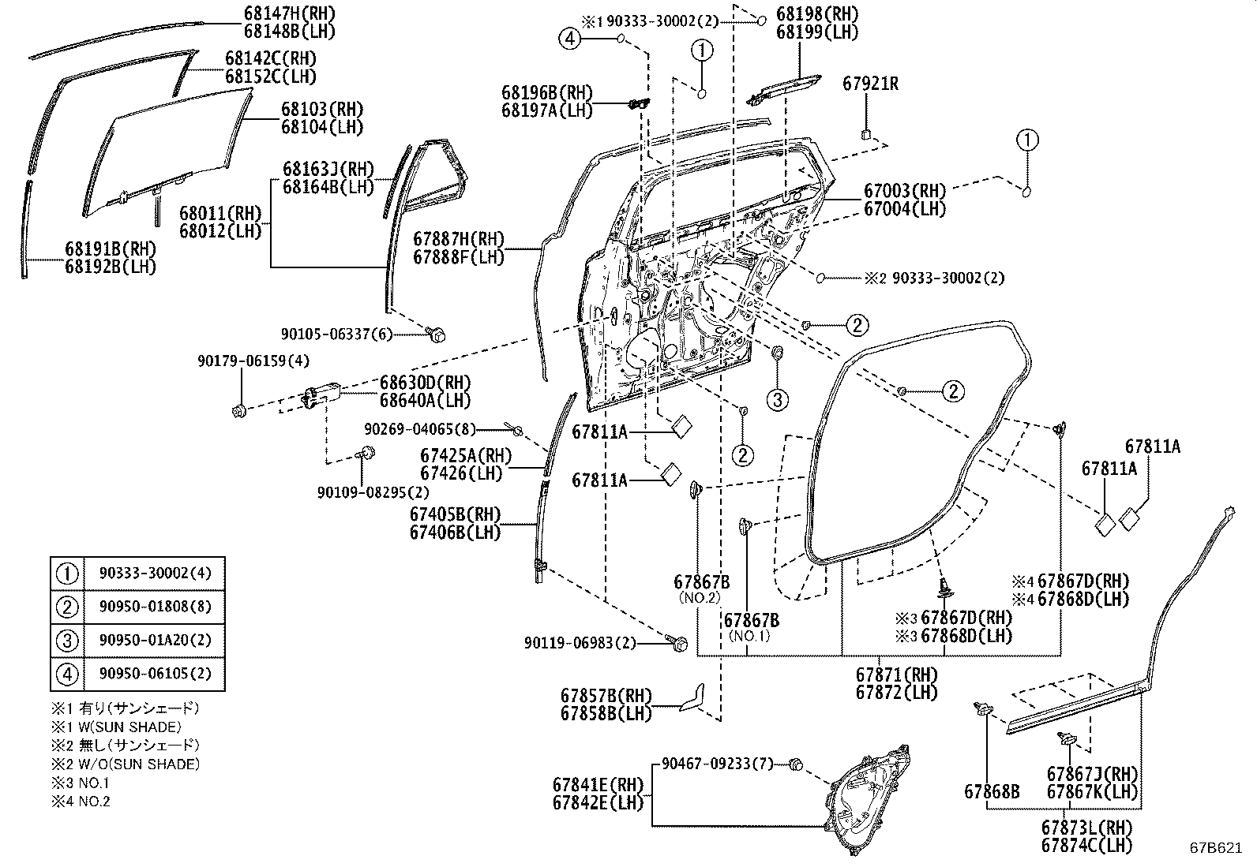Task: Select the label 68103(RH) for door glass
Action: click(x=322, y=109)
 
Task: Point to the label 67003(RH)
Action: click(x=904, y=191)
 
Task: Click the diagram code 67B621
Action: click(x=1221, y=850)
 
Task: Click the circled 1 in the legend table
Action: click(x=67, y=573)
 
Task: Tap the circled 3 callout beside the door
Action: click(x=777, y=399)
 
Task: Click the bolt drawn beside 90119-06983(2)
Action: click(x=677, y=644)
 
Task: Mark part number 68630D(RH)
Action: click(x=425, y=383)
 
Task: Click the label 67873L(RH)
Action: click(x=1086, y=828)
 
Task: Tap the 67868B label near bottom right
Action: click(x=991, y=790)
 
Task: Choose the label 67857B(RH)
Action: click(x=606, y=696)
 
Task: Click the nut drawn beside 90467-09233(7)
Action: click(x=796, y=764)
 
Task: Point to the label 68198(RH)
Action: click(x=816, y=13)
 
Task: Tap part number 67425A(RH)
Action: click(x=466, y=456)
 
